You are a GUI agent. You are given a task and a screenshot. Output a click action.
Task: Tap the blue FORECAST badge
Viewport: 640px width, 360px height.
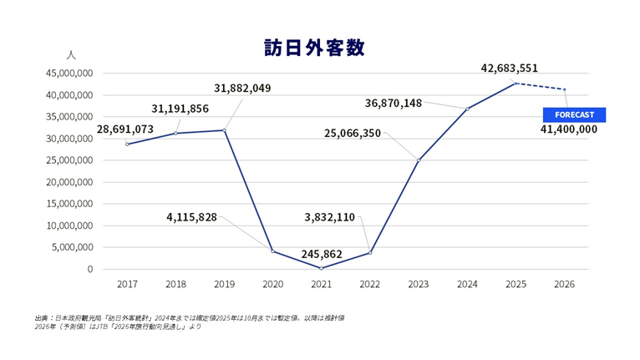coord(574,114)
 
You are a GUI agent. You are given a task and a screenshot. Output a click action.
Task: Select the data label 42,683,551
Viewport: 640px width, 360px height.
coord(510,68)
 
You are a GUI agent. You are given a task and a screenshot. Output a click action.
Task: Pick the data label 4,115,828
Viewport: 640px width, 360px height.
coord(191,217)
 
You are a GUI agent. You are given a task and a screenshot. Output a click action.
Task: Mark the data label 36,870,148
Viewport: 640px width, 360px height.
coord(394,103)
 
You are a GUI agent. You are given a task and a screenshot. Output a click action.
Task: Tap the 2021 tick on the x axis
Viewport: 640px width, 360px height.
coord(322,285)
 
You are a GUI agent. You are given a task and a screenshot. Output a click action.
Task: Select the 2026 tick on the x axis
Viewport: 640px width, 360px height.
coord(565,285)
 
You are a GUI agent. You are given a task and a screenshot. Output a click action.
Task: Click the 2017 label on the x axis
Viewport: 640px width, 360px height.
coord(127,285)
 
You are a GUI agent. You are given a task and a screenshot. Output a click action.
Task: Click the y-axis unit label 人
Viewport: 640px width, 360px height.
coord(70,55)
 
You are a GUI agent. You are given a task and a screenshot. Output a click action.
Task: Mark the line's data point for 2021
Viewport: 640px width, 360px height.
coord(322,268)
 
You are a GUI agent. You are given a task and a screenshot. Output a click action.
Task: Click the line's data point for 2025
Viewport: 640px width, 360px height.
coord(516,84)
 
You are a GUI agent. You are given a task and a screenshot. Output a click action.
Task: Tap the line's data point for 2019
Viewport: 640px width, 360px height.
coord(225,130)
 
